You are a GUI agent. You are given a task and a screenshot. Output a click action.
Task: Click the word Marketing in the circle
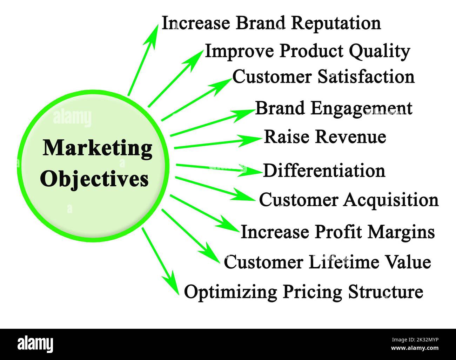click(x=98, y=149)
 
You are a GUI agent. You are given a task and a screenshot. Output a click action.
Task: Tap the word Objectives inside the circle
click(x=94, y=179)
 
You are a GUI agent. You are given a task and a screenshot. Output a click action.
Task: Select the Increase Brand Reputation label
click(x=271, y=23)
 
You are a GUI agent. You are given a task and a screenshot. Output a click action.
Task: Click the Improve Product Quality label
click(x=308, y=52)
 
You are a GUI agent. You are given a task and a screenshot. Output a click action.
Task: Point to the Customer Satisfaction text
click(x=323, y=77)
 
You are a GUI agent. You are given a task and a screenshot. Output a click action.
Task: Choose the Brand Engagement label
click(x=334, y=109)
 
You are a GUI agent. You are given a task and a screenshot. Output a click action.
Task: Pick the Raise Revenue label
click(x=325, y=137)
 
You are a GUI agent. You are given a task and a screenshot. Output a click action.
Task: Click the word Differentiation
click(x=324, y=171)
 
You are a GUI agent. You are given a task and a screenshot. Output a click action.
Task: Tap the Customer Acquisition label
click(x=349, y=200)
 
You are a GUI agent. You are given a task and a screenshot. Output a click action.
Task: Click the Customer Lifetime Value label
click(x=327, y=262)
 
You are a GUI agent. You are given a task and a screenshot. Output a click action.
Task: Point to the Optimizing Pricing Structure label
click(x=303, y=292)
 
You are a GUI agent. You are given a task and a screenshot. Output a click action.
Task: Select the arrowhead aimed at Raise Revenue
click(x=250, y=140)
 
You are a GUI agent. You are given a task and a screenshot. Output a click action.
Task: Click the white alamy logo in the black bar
click(x=35, y=344)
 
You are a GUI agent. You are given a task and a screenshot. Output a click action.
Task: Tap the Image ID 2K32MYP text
click(x=415, y=340)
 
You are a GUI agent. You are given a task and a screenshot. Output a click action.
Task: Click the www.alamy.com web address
click(x=415, y=348)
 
